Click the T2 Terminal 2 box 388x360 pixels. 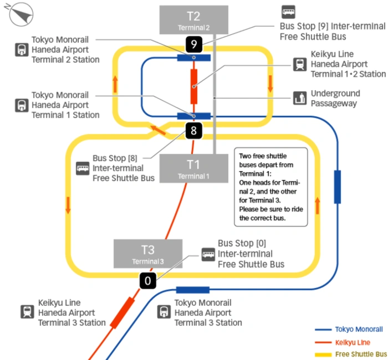pyautogui.click(x=193, y=19)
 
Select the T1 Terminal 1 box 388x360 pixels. pyautogui.click(x=193, y=168)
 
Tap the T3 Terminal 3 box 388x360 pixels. pyautogui.click(x=148, y=253)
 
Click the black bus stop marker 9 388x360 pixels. pyautogui.click(x=193, y=44)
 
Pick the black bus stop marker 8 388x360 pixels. pyautogui.click(x=193, y=131)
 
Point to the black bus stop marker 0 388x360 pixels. pyautogui.click(x=147, y=281)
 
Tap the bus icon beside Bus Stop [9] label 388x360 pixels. pyautogui.click(x=288, y=12)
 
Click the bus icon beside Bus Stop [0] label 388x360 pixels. pyautogui.click(x=208, y=254)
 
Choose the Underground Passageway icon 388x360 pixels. pyautogui.click(x=300, y=98)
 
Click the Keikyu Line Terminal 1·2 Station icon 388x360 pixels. pyautogui.click(x=300, y=64)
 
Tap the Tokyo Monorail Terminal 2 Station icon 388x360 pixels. pyautogui.click(x=22, y=50)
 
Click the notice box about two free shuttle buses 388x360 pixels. pyautogui.click(x=270, y=187)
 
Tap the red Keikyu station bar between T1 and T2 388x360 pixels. pyautogui.click(x=193, y=86)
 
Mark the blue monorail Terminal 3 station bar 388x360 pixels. pyautogui.click(x=192, y=290)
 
